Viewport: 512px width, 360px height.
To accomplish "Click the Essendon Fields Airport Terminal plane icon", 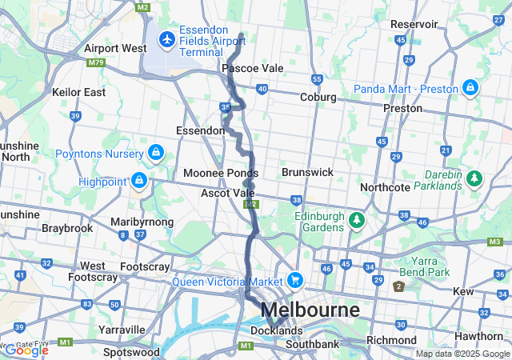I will point(167,38).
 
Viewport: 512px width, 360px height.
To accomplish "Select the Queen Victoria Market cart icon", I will point(296,281).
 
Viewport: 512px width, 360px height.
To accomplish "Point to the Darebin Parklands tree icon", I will point(474,177).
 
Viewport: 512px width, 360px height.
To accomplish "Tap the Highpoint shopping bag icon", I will point(139,182).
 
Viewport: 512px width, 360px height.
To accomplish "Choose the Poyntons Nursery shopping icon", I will point(155,152).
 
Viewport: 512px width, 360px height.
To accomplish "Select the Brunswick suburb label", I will point(307,172).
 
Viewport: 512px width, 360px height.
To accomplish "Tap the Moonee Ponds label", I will point(221,173).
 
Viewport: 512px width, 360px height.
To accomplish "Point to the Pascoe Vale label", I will point(253,69).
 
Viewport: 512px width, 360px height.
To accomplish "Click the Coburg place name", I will point(318,98).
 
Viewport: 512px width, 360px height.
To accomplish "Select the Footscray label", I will point(145,266).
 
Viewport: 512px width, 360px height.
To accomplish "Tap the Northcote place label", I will point(385,187).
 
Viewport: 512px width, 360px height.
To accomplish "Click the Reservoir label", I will point(414,25).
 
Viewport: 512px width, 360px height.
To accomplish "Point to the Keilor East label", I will point(78,92).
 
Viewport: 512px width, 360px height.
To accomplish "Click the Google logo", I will point(26,350).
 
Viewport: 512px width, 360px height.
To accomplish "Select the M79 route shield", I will point(97,62).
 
